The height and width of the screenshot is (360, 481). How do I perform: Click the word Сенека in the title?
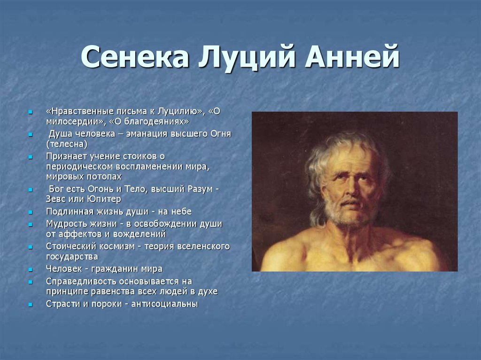(134, 56)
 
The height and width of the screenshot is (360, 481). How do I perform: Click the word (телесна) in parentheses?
(67, 144)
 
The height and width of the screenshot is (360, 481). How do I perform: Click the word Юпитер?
(104, 199)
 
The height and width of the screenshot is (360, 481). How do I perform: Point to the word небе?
(181, 212)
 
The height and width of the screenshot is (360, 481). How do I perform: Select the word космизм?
(117, 246)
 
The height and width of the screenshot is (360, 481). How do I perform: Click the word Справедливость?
(82, 282)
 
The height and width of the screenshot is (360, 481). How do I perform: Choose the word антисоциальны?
(164, 304)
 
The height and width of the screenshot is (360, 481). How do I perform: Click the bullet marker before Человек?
(30, 270)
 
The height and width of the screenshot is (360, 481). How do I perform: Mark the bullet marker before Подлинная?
(30, 212)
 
